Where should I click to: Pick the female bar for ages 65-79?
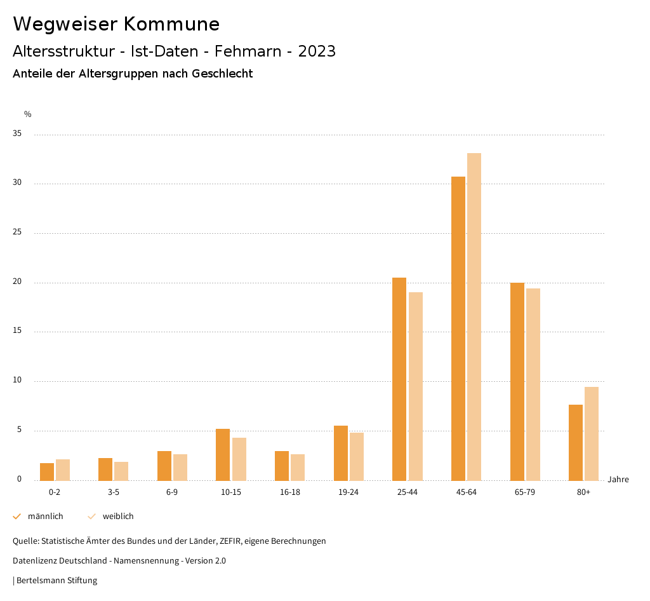(533, 384)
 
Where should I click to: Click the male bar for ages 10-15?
(223, 455)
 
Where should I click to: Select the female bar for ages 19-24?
(357, 456)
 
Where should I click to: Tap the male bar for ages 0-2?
(47, 471)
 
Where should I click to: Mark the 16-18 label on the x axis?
(290, 493)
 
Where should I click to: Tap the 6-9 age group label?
(172, 493)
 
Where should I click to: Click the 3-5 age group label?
(113, 493)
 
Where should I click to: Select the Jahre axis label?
(618, 480)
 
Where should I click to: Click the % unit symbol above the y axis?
(28, 114)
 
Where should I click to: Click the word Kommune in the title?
(171, 24)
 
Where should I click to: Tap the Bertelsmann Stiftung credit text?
(56, 581)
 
